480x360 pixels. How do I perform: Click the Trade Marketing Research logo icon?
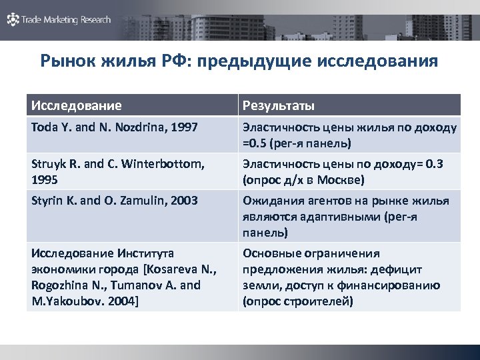pos(13,20)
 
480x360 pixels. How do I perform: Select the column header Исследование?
pos(77,105)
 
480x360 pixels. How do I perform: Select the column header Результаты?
pos(279,105)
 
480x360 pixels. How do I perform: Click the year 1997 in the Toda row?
pos(184,127)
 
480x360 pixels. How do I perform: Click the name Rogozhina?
pos(59,285)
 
